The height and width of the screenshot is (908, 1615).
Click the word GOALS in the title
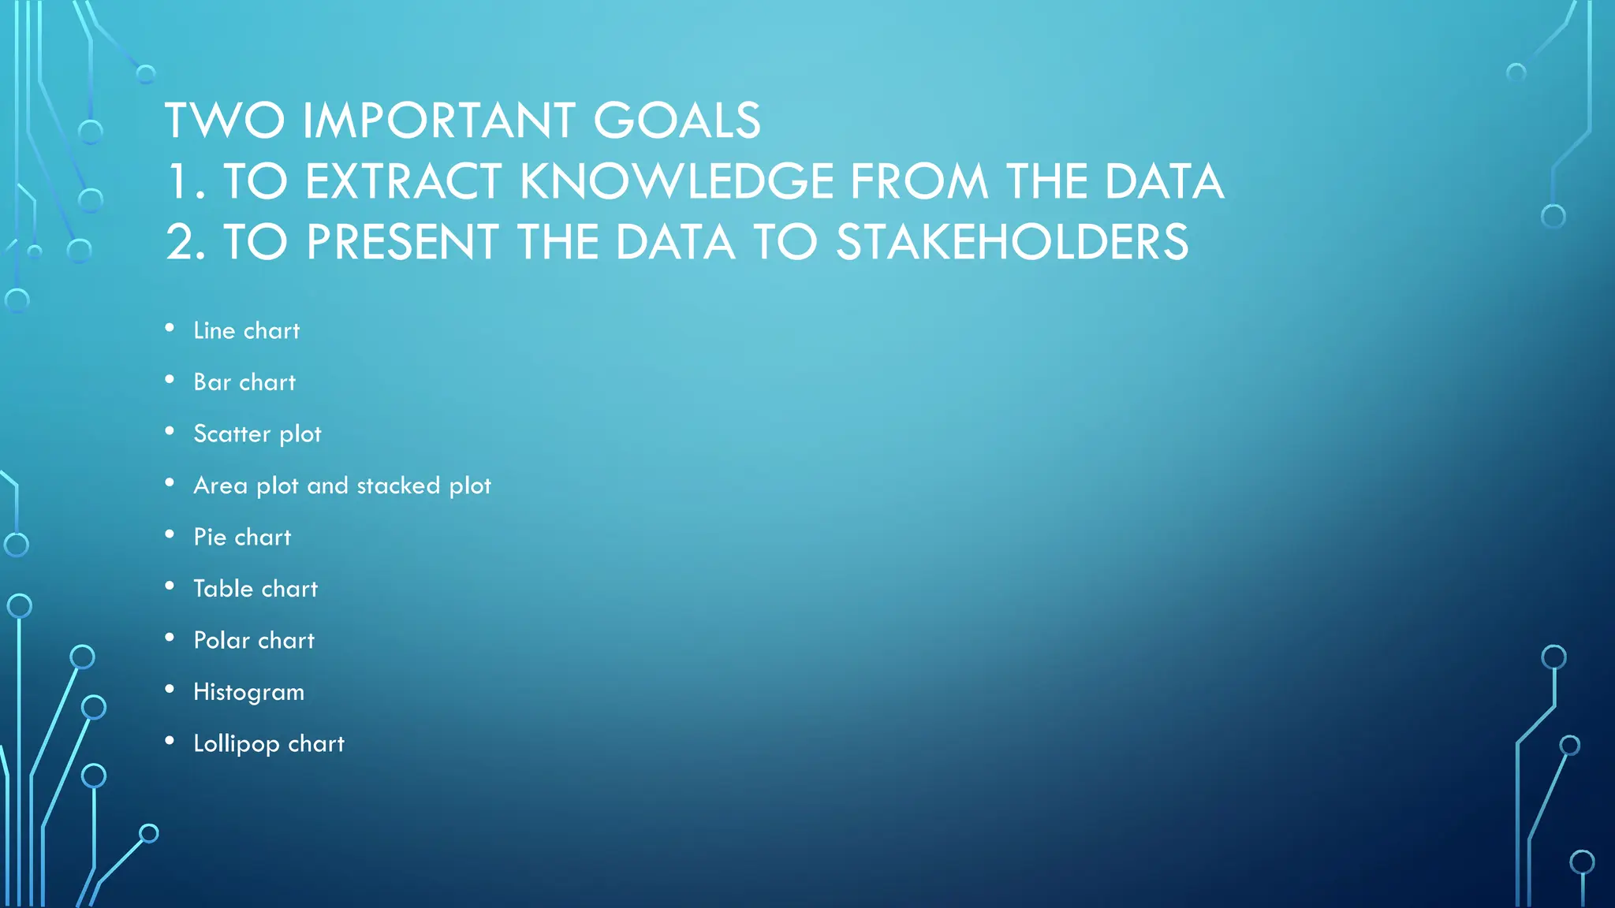click(677, 121)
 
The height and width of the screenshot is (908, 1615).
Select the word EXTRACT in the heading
click(403, 182)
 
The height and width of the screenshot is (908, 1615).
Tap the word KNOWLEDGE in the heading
click(677, 182)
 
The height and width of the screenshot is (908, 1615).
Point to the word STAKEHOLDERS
click(1012, 242)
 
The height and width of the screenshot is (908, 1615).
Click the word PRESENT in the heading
click(402, 242)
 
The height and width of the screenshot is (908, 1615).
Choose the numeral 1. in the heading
click(187, 182)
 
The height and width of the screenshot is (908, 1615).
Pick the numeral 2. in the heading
click(187, 242)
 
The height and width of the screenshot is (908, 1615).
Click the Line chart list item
click(247, 331)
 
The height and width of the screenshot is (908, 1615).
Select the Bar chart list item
click(244, 382)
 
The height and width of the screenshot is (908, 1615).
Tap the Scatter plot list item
click(257, 434)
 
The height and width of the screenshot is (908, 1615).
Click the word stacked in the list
click(398, 486)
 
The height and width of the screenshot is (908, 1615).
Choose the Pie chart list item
click(242, 538)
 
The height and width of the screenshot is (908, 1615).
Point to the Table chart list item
click(255, 589)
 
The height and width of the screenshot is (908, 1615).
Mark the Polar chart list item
click(254, 641)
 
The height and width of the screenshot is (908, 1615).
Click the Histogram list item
click(248, 693)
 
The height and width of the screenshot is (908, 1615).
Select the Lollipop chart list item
click(269, 744)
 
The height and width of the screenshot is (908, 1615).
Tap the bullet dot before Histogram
click(170, 690)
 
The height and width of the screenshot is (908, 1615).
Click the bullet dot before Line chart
click(170, 328)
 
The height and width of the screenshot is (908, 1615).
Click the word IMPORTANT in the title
click(438, 121)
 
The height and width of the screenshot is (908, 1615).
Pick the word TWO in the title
click(225, 121)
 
